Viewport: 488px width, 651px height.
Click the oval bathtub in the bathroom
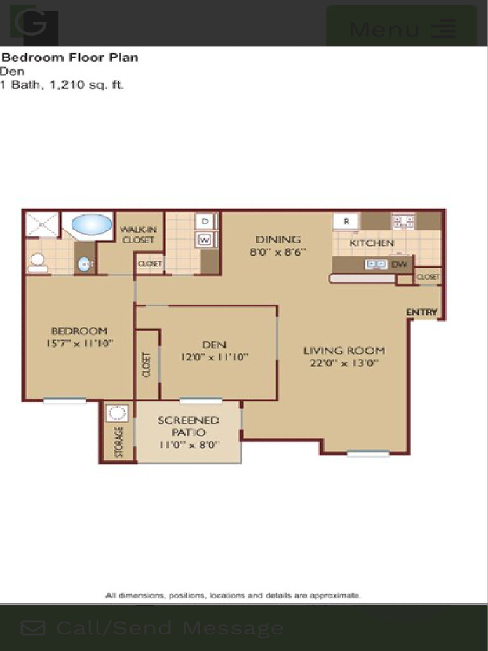pos(91,224)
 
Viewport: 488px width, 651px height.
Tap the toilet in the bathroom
pos(37,262)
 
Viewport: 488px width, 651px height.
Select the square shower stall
pos(43,224)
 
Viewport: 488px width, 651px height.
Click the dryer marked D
pos(205,221)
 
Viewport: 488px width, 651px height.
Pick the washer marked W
pos(205,240)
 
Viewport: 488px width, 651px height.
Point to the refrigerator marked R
pos(346,221)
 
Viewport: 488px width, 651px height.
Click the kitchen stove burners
pos(403,222)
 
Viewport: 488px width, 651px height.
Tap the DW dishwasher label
pos(400,264)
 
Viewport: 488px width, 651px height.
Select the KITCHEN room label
pos(372,243)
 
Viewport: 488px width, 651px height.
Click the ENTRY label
pos(422,312)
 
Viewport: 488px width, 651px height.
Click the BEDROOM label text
pos(79,331)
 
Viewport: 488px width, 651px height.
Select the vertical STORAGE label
pos(118,441)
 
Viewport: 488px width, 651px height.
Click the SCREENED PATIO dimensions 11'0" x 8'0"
pos(189,444)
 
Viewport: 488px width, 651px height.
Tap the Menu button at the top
pos(401,29)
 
